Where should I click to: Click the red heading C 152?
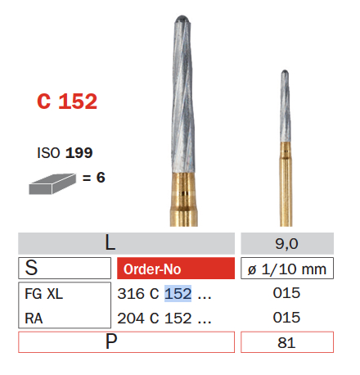(67, 102)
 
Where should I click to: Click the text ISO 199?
(65, 152)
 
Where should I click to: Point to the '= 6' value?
(93, 177)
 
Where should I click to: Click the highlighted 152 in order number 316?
(178, 293)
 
